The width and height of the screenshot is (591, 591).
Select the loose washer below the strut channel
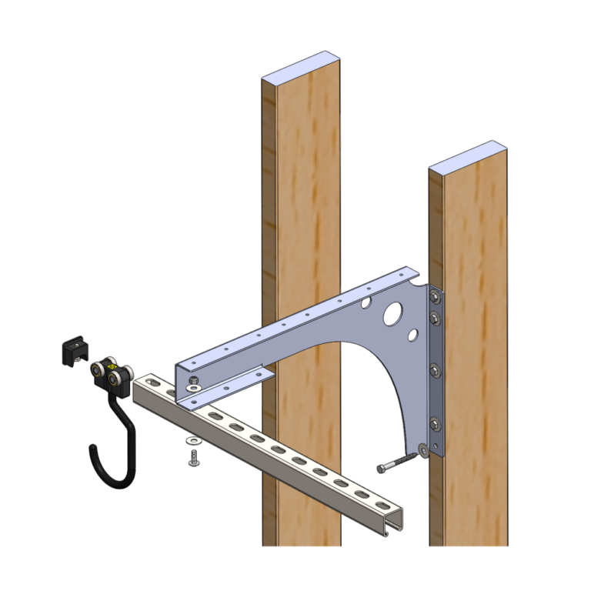[192, 441]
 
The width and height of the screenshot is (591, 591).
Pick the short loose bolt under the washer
[192, 459]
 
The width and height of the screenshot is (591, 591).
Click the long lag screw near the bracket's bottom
[397, 464]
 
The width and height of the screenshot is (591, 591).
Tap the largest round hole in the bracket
[392, 314]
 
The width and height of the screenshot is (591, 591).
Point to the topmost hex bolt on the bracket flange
[436, 296]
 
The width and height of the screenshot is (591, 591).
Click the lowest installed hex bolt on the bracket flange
[436, 422]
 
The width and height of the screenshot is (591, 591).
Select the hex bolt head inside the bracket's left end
[192, 382]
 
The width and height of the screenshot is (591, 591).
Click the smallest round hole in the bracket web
[413, 335]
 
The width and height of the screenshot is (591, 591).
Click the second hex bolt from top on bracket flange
[436, 317]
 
